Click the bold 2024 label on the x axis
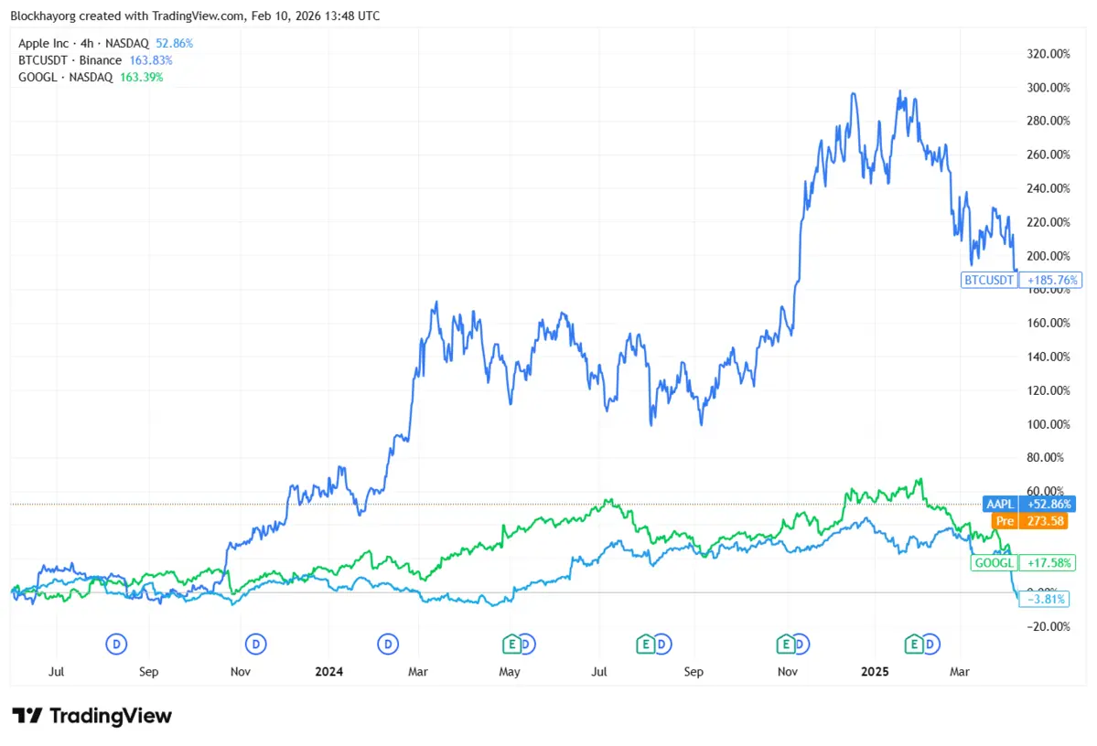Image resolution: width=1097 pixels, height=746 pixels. [328, 672]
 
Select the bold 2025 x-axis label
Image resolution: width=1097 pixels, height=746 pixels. [875, 672]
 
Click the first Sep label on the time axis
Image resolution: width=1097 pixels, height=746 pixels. [148, 672]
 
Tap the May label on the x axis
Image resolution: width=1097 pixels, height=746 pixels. [510, 672]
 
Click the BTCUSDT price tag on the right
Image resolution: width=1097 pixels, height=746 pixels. [989, 280]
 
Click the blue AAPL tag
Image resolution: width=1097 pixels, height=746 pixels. [1000, 504]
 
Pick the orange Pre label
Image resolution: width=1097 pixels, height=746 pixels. [1004, 521]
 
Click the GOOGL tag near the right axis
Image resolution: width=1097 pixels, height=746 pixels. [994, 564]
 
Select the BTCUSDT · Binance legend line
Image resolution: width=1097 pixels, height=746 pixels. [70, 60]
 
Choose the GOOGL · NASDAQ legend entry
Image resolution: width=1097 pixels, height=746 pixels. [65, 78]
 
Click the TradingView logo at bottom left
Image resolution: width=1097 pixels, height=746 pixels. [91, 716]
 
